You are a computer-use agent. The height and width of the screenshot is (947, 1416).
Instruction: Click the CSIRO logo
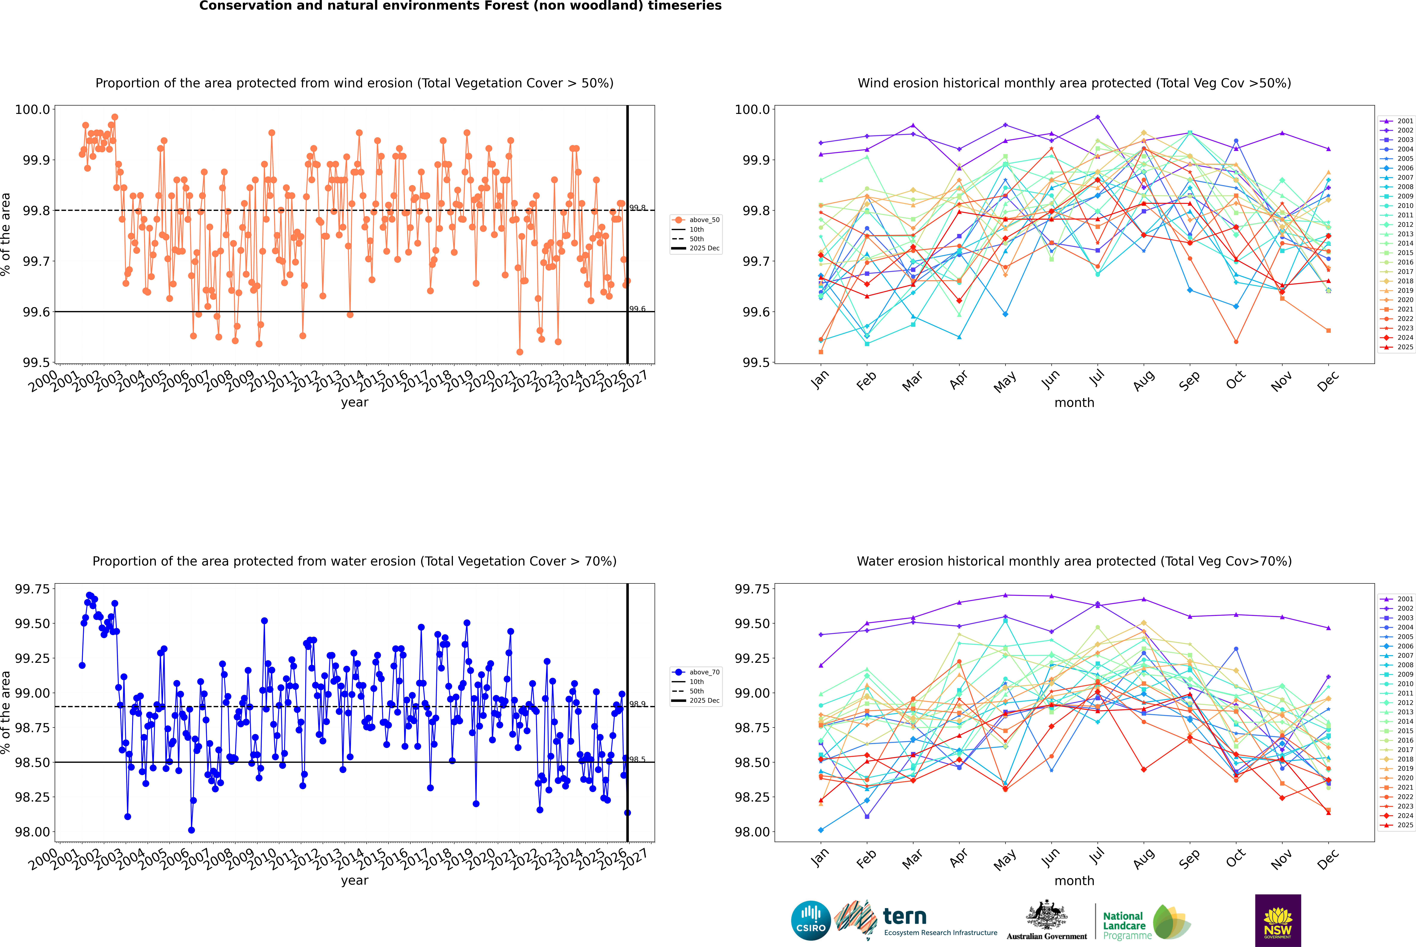tap(811, 920)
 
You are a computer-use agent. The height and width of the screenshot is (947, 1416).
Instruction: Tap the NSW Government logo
tap(1278, 920)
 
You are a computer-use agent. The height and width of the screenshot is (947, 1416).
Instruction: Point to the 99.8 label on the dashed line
tap(637, 208)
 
